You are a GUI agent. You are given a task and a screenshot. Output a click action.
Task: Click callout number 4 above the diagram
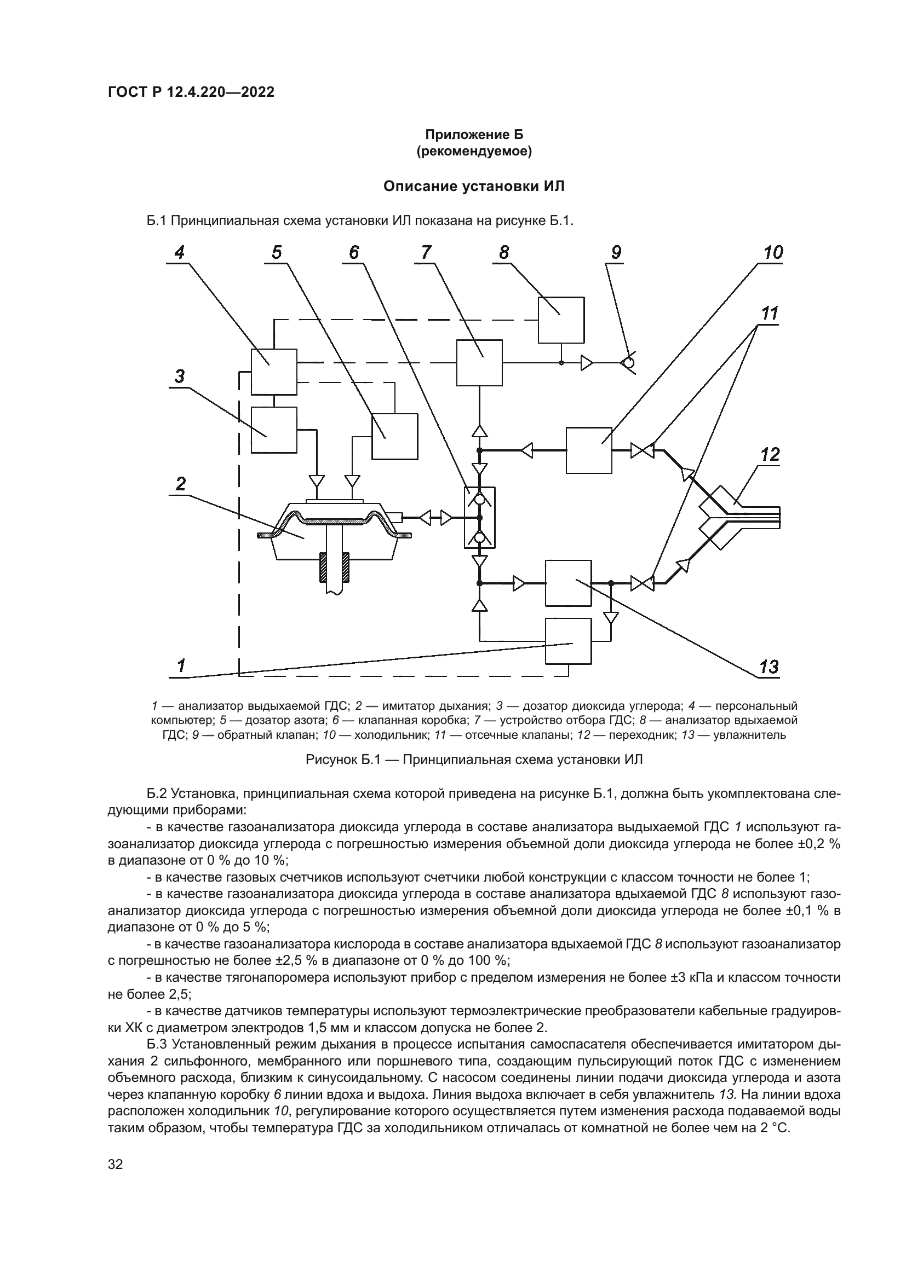(179, 253)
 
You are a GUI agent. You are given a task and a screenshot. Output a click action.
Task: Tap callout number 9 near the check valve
(616, 253)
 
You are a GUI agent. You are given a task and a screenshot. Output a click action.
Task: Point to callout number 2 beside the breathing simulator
(180, 484)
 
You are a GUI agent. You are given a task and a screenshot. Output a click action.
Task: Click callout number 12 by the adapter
(770, 455)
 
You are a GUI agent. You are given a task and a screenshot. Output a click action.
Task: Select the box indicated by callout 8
(561, 320)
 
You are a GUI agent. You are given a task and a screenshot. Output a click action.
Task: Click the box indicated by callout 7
(479, 362)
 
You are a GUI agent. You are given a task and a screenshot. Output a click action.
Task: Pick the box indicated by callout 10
(588, 450)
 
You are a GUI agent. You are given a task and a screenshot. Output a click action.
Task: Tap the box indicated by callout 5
(394, 436)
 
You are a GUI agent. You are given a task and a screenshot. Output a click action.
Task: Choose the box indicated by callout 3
(273, 430)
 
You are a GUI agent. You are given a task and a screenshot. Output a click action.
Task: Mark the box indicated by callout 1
(568, 641)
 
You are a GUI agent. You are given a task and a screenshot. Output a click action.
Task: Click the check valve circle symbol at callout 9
(628, 363)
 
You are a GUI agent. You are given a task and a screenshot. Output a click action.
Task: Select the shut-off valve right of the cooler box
(642, 450)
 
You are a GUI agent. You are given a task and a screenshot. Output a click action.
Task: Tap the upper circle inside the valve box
(479, 499)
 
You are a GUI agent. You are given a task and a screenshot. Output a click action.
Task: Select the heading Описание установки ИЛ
(474, 186)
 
